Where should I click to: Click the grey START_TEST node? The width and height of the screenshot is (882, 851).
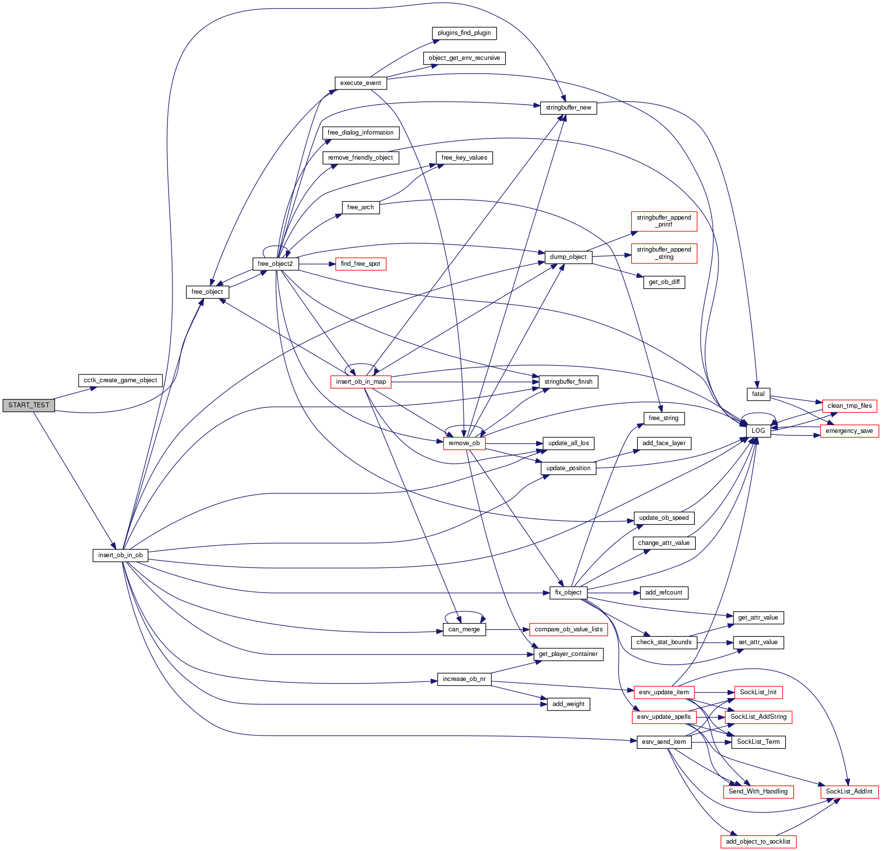[x=28, y=405]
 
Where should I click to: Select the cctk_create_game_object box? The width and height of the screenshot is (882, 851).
[x=120, y=380]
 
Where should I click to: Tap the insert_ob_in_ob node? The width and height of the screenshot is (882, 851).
[x=120, y=555]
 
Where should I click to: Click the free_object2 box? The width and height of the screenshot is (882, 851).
[x=275, y=264]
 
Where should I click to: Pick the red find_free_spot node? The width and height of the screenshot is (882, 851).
[x=360, y=264]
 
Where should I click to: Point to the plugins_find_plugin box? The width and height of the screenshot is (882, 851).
[x=464, y=33]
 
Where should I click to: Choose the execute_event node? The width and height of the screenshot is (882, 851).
[x=360, y=83]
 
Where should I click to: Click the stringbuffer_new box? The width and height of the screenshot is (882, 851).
[x=568, y=108]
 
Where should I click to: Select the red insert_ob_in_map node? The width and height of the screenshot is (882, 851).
[x=361, y=382]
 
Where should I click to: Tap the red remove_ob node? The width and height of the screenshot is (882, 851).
[x=464, y=443]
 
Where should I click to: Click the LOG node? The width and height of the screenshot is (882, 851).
[x=758, y=431]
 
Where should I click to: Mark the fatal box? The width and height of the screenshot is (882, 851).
[x=758, y=394]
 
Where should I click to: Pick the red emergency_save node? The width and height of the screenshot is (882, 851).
[x=849, y=431]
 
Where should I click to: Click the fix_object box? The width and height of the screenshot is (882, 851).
[x=568, y=593]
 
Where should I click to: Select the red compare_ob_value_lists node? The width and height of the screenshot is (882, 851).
[x=569, y=629]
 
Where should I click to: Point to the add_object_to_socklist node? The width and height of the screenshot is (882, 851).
[x=758, y=842]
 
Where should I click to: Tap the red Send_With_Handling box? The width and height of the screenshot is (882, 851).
[x=758, y=792]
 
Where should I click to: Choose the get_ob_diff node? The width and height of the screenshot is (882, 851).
[x=664, y=282]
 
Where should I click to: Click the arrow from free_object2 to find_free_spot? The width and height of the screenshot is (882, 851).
[x=317, y=264]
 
